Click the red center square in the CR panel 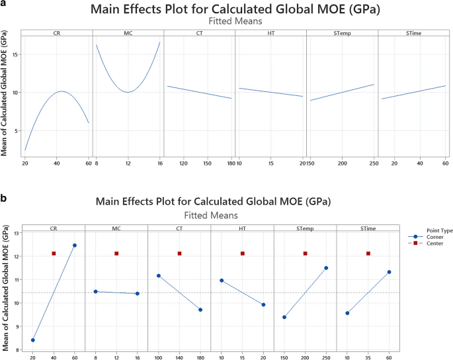tap(54, 253)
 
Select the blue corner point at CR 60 tap(74, 246)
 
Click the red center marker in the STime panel tap(368, 253)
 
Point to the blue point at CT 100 tap(158, 275)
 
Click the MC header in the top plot tap(128, 33)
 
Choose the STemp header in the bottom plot tap(305, 229)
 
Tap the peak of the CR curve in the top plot tap(60, 91)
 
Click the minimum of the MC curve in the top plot tap(128, 92)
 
